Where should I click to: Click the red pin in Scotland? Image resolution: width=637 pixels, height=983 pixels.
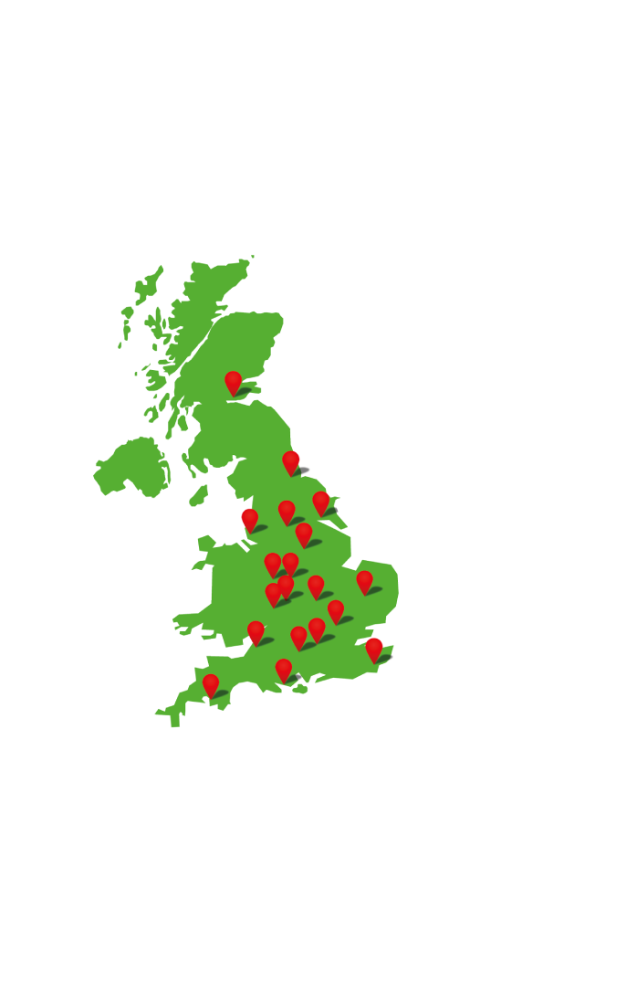click(x=233, y=382)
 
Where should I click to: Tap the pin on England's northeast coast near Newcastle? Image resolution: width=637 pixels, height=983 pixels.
click(x=291, y=461)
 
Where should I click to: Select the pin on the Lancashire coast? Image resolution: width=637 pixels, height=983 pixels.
click(x=250, y=519)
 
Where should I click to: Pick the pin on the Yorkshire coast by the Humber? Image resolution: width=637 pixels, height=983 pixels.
click(x=321, y=502)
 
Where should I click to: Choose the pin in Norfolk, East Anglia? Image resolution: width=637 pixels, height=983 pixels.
click(x=365, y=581)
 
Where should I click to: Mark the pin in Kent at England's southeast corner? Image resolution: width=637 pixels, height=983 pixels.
click(x=374, y=649)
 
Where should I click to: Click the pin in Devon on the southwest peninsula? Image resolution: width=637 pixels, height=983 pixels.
click(x=211, y=684)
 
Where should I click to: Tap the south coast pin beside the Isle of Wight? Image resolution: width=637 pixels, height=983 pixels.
click(x=284, y=670)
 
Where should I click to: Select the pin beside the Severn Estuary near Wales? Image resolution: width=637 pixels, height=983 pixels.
click(x=256, y=631)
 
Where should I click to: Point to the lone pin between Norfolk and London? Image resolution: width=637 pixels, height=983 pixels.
click(x=336, y=610)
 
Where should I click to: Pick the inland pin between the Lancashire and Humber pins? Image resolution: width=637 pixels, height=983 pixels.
click(x=287, y=511)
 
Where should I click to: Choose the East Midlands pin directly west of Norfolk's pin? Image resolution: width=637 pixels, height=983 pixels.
click(x=316, y=586)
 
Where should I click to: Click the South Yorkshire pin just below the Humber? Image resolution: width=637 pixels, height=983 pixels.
click(x=304, y=534)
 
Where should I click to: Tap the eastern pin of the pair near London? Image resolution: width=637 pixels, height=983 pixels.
click(x=317, y=629)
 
